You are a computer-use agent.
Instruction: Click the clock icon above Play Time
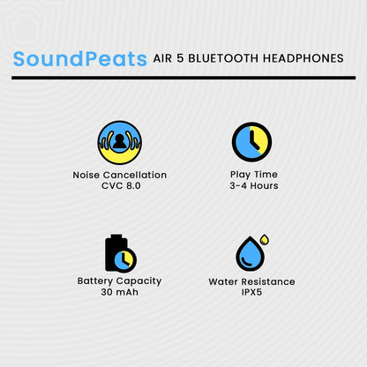[252, 141]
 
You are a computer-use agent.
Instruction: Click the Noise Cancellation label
[119, 175]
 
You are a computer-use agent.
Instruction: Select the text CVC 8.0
[119, 186]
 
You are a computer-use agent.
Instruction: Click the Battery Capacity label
[119, 281]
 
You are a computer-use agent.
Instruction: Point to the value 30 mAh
[119, 292]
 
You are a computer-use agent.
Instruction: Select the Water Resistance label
[252, 281]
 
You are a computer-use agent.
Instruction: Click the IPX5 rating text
[252, 292]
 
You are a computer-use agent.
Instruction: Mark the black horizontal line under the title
[183, 78]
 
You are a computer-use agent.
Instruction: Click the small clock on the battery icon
[126, 259]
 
